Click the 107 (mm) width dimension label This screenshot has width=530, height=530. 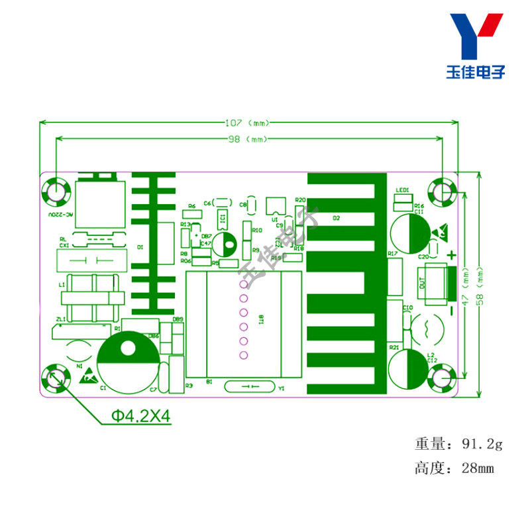pos(248,123)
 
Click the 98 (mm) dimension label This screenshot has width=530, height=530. pos(248,138)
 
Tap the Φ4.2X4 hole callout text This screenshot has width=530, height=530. pos(140,417)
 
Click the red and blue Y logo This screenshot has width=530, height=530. pos(475,36)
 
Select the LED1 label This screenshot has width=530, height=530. pos(402,191)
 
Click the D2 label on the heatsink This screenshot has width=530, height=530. pos(336,217)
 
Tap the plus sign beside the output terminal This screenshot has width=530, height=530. pos(452,255)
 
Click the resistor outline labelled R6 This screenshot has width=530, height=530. pos(191,214)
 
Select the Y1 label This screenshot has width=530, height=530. pos(281,388)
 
